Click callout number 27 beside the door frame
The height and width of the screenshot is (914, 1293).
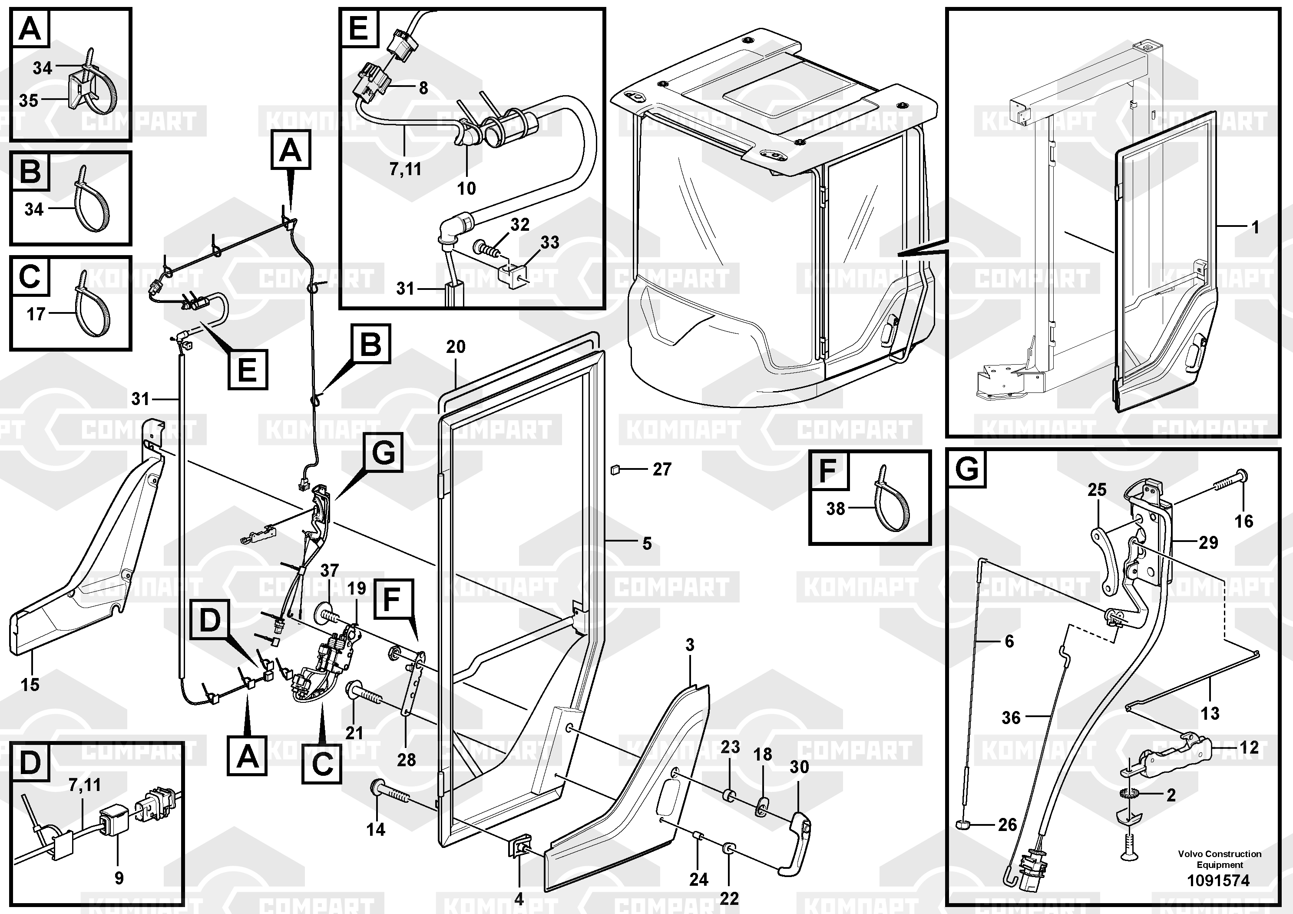pyautogui.click(x=662, y=469)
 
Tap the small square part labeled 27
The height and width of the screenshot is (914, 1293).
pyautogui.click(x=615, y=469)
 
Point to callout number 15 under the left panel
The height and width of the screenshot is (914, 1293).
pyautogui.click(x=30, y=685)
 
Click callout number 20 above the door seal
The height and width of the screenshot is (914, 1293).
pyautogui.click(x=456, y=346)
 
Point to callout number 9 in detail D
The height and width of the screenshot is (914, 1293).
pyautogui.click(x=119, y=878)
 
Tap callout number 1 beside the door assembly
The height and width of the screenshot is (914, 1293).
pyautogui.click(x=1255, y=227)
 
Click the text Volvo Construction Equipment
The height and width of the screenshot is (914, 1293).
pyautogui.click(x=1220, y=859)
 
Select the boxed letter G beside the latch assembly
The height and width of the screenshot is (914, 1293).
pyautogui.click(x=384, y=452)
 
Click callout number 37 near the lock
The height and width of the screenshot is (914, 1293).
pyautogui.click(x=330, y=570)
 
